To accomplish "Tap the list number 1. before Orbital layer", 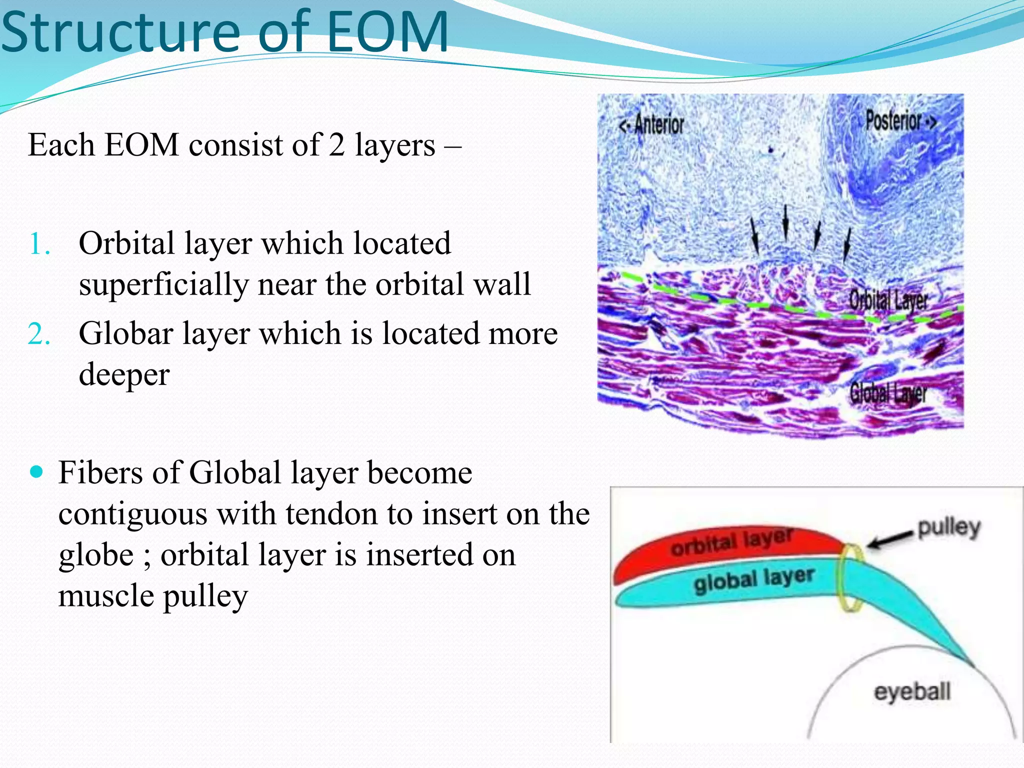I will (x=40, y=245).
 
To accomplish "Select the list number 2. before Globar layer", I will (x=39, y=334).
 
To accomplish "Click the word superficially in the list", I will (x=163, y=285).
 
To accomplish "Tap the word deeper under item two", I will (x=124, y=375).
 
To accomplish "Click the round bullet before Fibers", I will (x=36, y=471).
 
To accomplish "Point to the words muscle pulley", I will (x=152, y=596).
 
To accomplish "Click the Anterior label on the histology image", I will (x=652, y=124).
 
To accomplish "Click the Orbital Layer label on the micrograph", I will (x=888, y=300).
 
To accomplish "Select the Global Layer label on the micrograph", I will (x=888, y=393).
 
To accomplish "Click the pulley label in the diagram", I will (x=949, y=527).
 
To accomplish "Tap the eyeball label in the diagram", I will (x=912, y=692).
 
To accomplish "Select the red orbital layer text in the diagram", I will (x=732, y=542).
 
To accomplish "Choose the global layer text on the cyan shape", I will (x=754, y=580).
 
